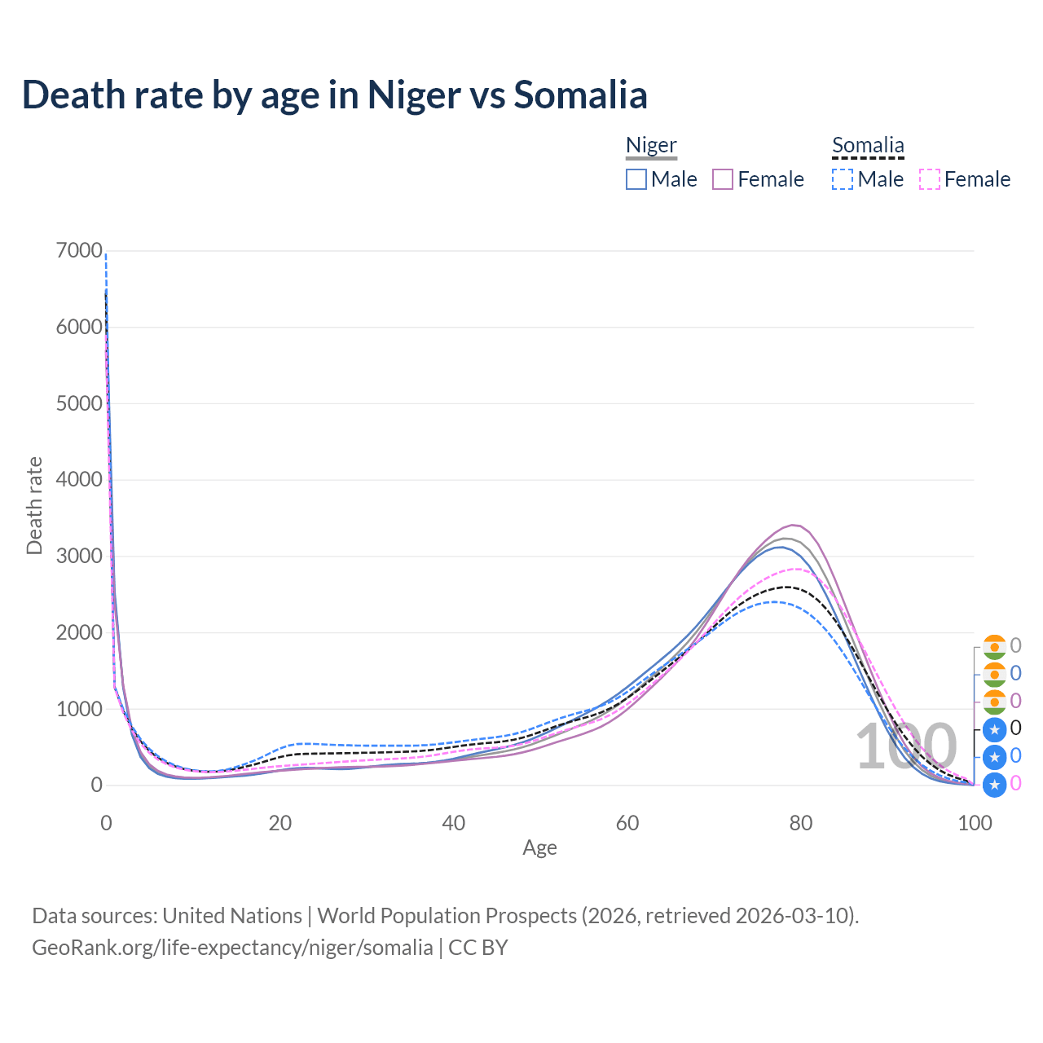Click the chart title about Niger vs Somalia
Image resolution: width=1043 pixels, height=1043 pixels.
tap(334, 95)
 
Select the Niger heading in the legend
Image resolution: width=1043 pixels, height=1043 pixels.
tap(651, 145)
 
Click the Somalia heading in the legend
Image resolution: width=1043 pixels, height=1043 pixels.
tap(868, 145)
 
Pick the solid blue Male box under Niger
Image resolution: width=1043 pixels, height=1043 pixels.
tap(636, 179)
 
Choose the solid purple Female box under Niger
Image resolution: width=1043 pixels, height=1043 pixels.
tap(723, 179)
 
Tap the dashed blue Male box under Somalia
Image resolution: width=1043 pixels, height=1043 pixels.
tap(843, 179)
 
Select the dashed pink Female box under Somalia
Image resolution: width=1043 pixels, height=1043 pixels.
tap(930, 179)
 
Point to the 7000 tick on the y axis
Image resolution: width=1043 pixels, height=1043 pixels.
tap(79, 251)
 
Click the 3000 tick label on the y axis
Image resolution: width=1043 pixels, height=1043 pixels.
tap(79, 557)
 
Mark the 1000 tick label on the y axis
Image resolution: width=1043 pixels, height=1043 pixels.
tap(79, 709)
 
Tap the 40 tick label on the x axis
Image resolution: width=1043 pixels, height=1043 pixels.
tap(454, 823)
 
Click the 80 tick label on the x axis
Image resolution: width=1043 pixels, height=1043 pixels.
tap(801, 823)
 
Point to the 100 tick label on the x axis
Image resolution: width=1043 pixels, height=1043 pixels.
tap(975, 823)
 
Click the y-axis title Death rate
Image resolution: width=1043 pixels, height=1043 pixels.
tap(34, 505)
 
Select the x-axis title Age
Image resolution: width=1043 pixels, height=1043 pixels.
tap(539, 848)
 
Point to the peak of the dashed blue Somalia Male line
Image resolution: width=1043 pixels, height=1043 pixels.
tap(774, 601)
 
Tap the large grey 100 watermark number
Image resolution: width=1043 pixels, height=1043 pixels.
tap(906, 746)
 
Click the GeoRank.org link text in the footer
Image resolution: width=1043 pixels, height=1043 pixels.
tap(232, 948)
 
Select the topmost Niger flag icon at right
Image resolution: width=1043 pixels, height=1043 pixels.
tap(994, 646)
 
